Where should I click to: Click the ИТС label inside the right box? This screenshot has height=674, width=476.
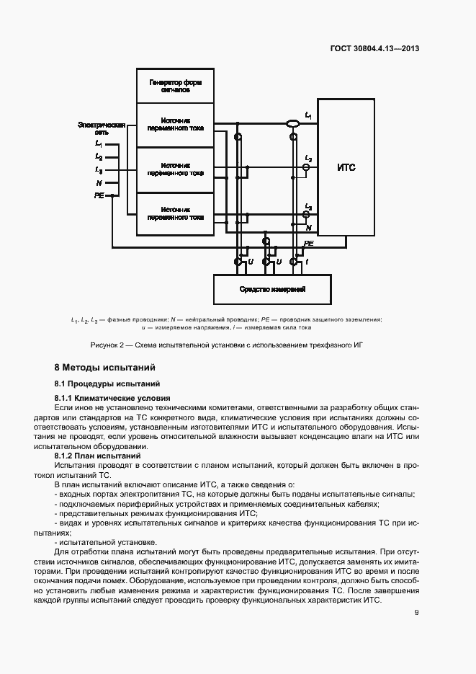346,168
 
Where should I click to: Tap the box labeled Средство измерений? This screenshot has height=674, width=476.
272,289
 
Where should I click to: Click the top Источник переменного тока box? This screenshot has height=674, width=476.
175,124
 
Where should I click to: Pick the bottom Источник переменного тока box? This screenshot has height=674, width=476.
175,213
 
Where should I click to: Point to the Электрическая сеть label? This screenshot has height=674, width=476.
102,128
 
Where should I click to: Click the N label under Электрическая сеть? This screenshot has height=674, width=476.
99,183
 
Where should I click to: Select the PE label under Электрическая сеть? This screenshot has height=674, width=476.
99,195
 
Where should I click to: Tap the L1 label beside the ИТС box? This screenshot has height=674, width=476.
308,115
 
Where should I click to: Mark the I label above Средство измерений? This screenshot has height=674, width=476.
308,262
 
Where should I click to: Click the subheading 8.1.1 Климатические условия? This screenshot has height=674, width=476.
112,398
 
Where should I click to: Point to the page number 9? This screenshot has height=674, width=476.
416,613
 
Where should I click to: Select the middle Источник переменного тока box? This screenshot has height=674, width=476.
175,169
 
